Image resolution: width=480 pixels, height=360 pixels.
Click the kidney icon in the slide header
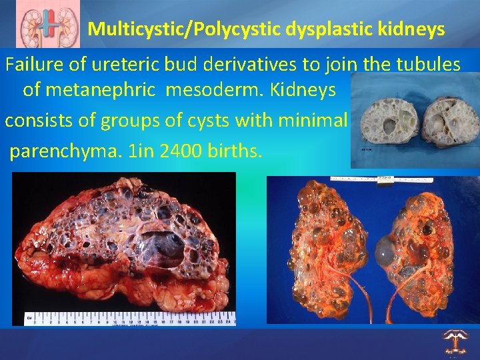(x=45, y=25)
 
